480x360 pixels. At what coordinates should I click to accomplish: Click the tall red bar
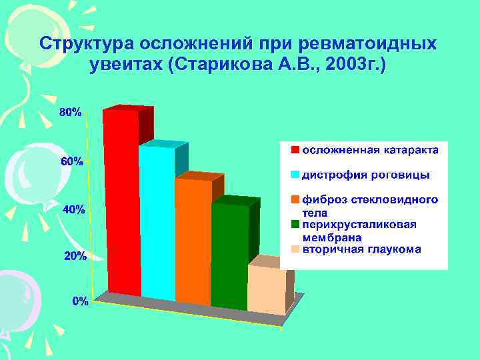point(121,200)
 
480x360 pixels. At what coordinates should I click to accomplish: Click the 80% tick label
point(71,113)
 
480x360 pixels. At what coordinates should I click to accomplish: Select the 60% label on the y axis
point(71,161)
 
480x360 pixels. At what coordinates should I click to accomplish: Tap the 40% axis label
point(73,209)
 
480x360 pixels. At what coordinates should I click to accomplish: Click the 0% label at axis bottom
point(80,301)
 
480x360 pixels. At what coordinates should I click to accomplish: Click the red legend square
point(294,150)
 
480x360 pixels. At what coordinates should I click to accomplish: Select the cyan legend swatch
point(294,175)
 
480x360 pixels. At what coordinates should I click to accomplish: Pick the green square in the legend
point(294,225)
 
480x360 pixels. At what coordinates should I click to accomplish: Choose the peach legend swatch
point(294,249)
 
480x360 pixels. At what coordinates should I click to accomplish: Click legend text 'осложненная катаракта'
point(371,150)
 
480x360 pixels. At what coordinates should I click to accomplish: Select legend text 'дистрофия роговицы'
point(366,175)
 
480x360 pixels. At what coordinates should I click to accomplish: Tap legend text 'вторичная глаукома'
point(362,249)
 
